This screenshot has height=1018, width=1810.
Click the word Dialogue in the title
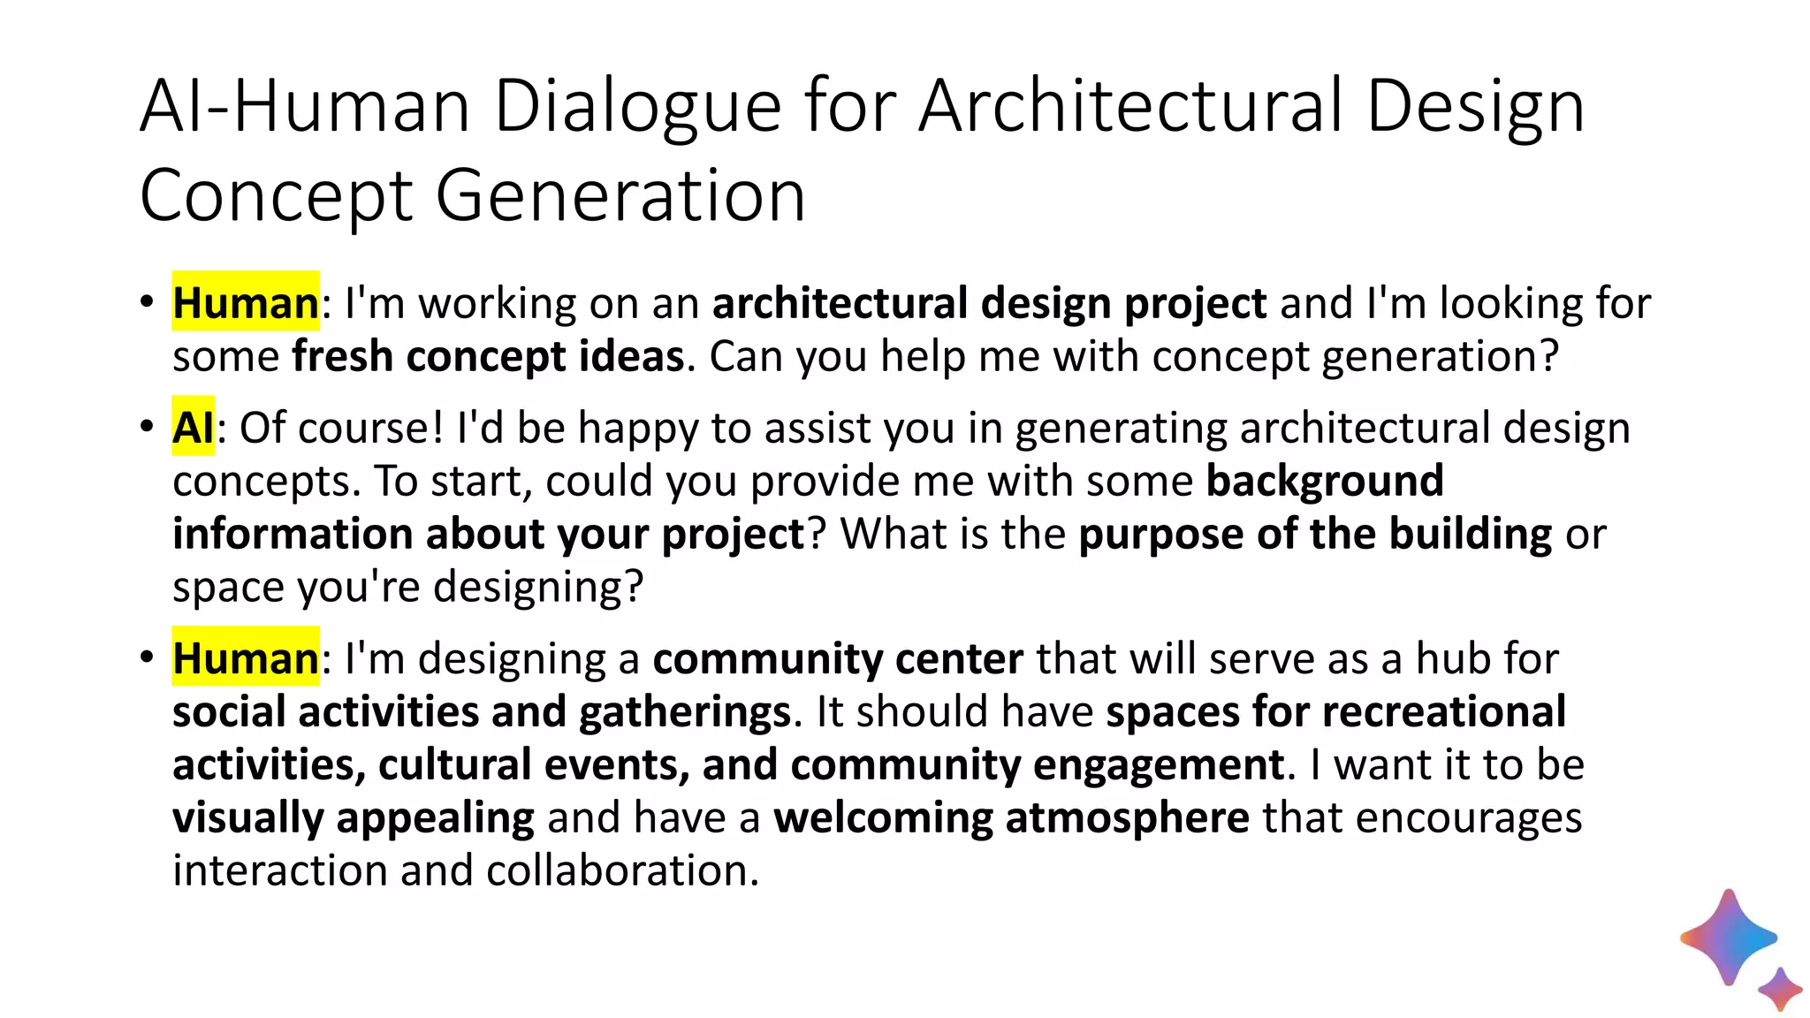tap(637, 108)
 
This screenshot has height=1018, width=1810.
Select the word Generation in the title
tap(620, 196)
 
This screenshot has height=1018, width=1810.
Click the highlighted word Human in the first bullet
tap(245, 303)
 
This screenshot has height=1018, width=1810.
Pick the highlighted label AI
tap(193, 428)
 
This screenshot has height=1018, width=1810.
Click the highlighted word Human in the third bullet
tap(245, 658)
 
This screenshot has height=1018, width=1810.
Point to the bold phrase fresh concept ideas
tap(488, 356)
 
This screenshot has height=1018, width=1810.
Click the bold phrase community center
tap(837, 658)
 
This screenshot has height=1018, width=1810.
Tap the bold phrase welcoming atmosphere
tap(1010, 817)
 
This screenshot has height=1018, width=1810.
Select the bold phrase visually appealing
tap(353, 817)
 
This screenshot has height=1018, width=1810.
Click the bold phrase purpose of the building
tap(1314, 534)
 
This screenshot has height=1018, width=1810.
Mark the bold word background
tap(1324, 481)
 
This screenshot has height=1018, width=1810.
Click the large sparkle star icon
tap(1728, 938)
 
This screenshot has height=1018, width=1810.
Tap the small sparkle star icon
tap(1780, 989)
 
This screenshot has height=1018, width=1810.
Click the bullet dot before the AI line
tap(147, 427)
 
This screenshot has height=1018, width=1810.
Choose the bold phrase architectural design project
tap(989, 303)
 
